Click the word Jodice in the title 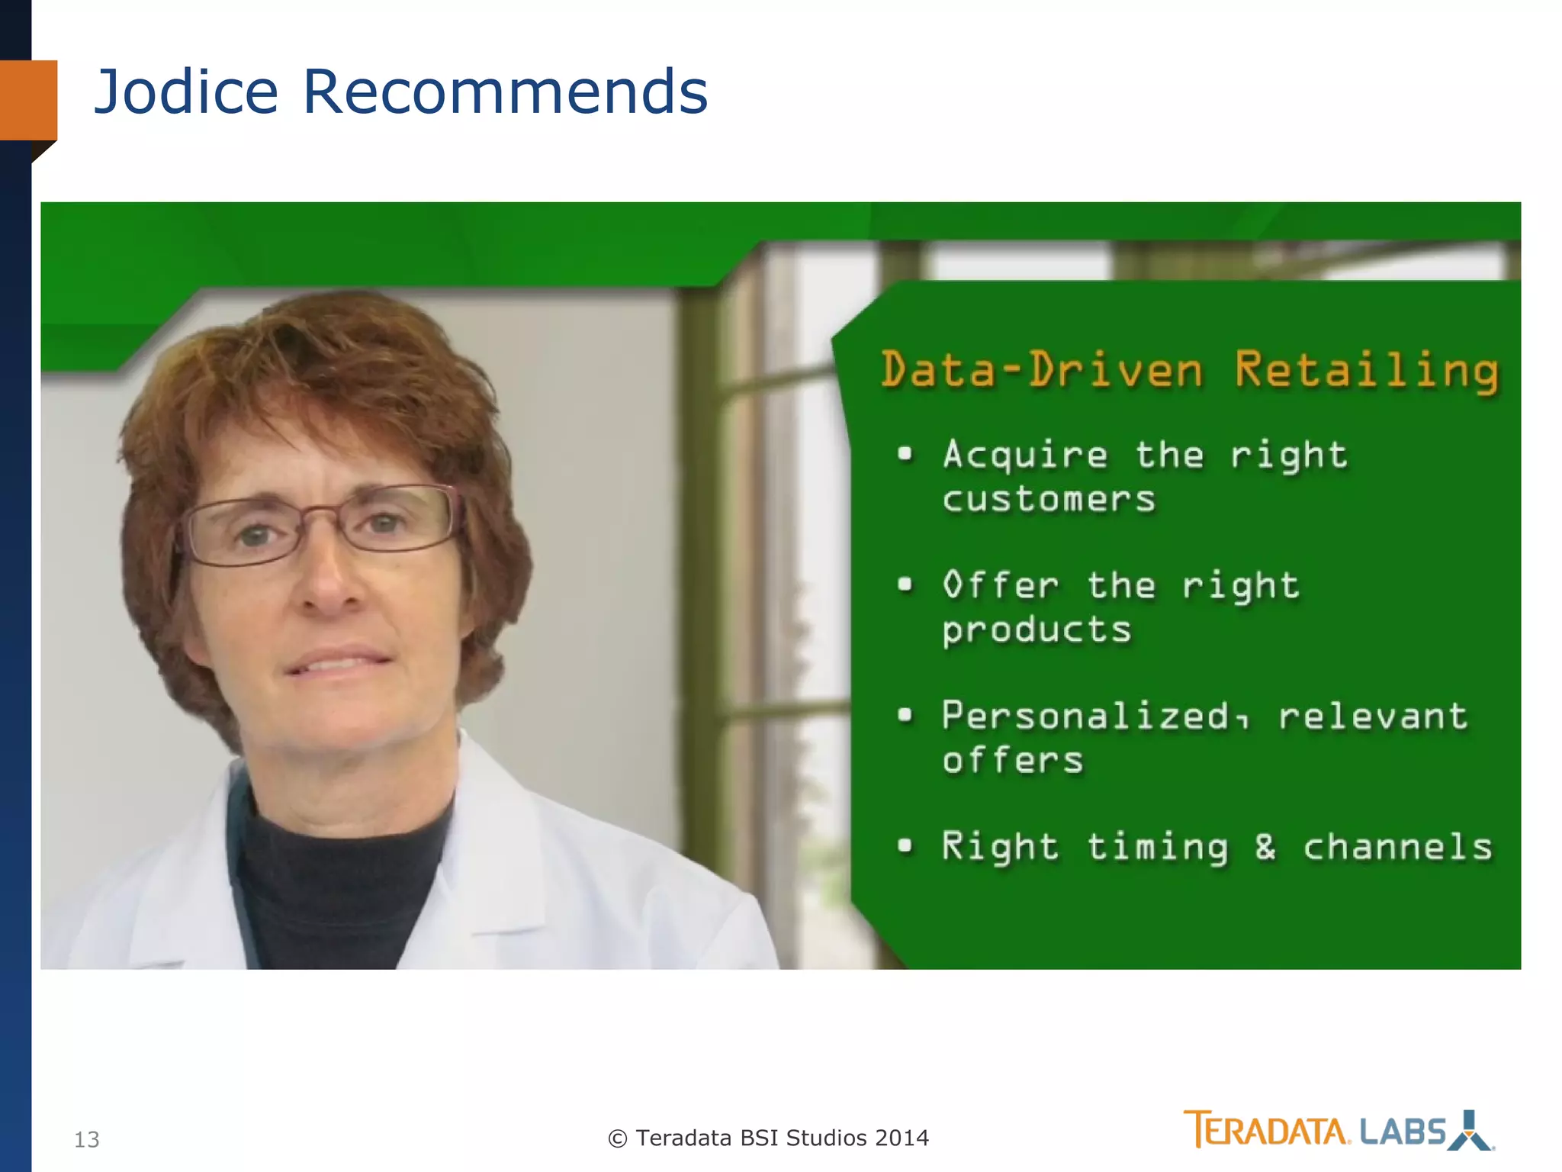186,92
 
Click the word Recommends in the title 505,92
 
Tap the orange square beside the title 29,100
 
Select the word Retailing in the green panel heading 1366,371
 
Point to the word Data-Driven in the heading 1042,371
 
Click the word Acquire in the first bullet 1024,456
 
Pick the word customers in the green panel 1049,500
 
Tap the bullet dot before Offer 905,585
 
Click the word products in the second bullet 1037,631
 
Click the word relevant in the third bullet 1373,716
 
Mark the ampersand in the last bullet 1265,847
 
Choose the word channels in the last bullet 1397,847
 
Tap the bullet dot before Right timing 905,845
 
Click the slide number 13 86,1139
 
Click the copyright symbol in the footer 617,1138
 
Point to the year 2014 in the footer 902,1138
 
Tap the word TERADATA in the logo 1267,1130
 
